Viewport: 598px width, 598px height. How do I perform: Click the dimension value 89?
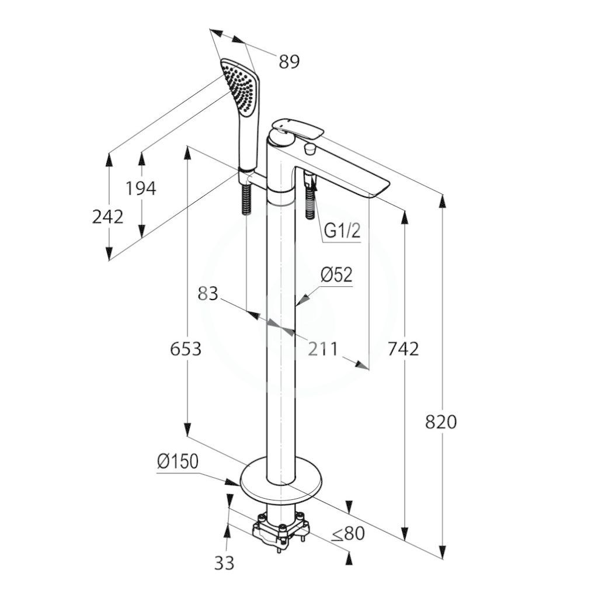[289, 61]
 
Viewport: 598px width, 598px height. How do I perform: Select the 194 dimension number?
[141, 189]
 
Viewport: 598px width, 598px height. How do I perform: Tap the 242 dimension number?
[108, 217]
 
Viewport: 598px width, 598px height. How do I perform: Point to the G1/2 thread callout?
[342, 231]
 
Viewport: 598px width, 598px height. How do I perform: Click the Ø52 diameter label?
[336, 274]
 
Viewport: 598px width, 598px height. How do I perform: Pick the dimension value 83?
[208, 294]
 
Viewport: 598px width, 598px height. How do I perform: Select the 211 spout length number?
[322, 349]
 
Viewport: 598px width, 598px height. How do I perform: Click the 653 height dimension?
[186, 349]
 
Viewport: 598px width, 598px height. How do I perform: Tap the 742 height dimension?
[403, 349]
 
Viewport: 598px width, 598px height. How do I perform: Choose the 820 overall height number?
[441, 422]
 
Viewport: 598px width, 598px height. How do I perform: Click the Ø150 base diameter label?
[178, 461]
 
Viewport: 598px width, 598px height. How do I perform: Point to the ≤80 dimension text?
[348, 534]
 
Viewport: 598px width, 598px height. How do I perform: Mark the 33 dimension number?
[224, 563]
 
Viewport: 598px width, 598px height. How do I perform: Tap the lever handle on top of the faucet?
[300, 128]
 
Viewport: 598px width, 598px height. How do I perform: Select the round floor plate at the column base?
[281, 479]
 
